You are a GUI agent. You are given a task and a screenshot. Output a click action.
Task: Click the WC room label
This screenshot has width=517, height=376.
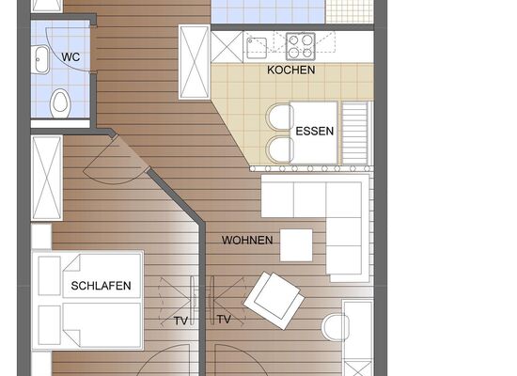click(x=70, y=57)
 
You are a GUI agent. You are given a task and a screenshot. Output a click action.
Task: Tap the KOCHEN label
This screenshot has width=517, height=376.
click(x=290, y=70)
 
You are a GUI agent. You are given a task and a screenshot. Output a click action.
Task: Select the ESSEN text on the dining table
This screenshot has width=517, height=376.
click(x=315, y=132)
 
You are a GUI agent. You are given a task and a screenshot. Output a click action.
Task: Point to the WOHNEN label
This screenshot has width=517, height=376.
click(x=247, y=240)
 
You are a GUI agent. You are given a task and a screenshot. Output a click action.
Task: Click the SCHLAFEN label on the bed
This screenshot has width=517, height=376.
click(x=101, y=286)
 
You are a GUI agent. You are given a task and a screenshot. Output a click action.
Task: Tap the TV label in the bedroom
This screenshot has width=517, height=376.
click(x=180, y=321)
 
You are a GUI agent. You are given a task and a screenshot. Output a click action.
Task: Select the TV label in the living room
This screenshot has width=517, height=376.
click(x=224, y=320)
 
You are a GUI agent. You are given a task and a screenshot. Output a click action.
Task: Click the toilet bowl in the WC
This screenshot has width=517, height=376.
click(x=60, y=102)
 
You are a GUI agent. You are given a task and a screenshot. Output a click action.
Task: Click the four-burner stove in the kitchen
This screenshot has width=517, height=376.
click(x=301, y=46)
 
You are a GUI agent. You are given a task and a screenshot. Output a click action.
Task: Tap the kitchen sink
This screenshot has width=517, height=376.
click(x=257, y=48)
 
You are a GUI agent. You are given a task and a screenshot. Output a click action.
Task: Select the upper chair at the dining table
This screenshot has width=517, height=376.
click(x=279, y=117)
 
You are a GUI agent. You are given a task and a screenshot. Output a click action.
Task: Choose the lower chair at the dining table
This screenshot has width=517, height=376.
click(x=279, y=150)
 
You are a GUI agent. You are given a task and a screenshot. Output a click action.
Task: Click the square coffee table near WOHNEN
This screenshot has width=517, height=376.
click(x=296, y=245)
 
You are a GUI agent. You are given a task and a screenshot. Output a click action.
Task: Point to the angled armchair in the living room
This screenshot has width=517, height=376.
click(x=274, y=301)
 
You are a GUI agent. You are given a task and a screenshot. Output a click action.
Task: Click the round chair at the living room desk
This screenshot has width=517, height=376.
click(x=335, y=327)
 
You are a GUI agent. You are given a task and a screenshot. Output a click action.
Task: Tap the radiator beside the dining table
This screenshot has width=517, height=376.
click(x=354, y=133)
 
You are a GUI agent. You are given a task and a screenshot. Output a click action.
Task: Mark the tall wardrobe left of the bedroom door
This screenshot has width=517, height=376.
click(x=47, y=178)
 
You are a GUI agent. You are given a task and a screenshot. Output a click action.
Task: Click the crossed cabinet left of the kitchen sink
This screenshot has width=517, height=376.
click(x=227, y=46)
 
